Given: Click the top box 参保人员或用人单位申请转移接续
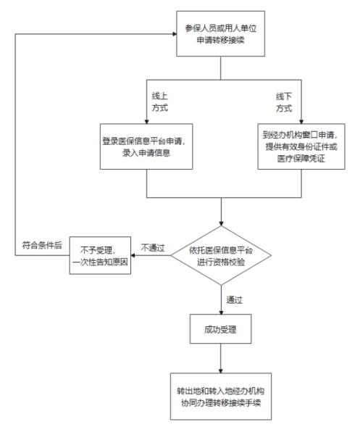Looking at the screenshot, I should point(221,35).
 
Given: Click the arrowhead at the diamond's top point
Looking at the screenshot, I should point(221,224).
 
